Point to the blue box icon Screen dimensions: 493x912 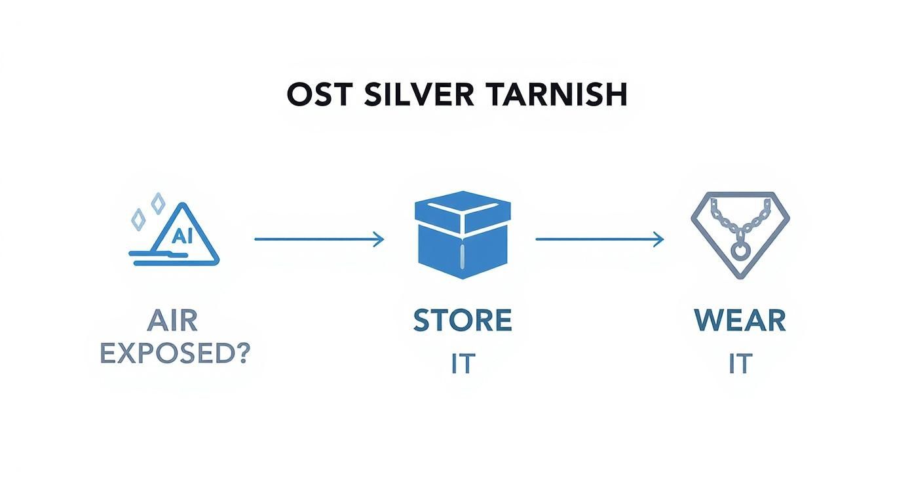click(x=463, y=234)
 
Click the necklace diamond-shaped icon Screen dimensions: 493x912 click(x=740, y=235)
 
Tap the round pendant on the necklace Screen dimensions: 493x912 click(x=740, y=250)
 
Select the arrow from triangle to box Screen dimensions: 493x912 click(x=318, y=239)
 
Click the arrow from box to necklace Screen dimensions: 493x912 click(x=599, y=239)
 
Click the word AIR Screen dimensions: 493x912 click(x=172, y=321)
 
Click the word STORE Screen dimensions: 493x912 click(x=463, y=321)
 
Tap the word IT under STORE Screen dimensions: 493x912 click(x=462, y=363)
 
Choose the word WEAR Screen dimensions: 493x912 click(x=740, y=321)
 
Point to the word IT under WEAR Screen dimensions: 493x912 click(x=740, y=363)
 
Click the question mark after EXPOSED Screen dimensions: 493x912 click(x=242, y=353)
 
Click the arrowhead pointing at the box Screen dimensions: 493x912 click(x=379, y=239)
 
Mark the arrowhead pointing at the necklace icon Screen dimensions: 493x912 click(x=659, y=239)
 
